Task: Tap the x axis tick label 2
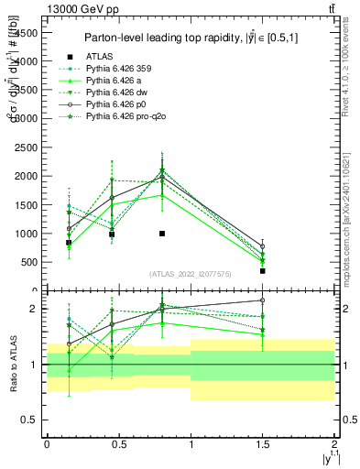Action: pyautogui.click(x=334, y=442)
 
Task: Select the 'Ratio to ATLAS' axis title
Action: pyautogui.click(x=11, y=364)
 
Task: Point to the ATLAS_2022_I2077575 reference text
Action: pyautogui.click(x=190, y=274)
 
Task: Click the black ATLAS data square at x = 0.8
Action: pyautogui.click(x=162, y=234)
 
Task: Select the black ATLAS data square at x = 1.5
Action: pyautogui.click(x=262, y=271)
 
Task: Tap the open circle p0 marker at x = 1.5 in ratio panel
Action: pyautogui.click(x=262, y=300)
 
